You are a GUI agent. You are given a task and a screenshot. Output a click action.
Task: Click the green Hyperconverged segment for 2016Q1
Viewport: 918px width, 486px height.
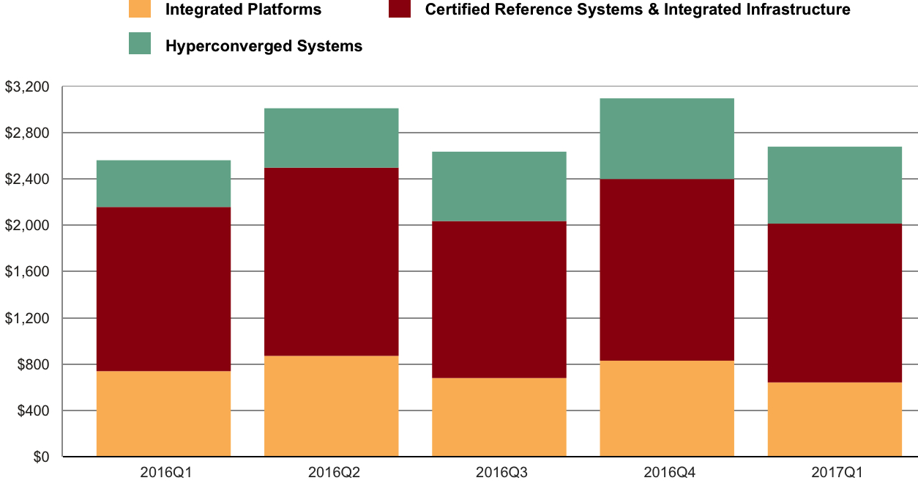point(163,183)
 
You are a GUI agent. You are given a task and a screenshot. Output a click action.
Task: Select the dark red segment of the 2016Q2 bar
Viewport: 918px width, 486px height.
point(331,262)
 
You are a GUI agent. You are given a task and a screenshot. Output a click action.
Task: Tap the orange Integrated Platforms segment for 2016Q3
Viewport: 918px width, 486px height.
point(499,417)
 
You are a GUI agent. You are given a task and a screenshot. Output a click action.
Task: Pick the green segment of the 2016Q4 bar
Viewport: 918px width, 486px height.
point(666,139)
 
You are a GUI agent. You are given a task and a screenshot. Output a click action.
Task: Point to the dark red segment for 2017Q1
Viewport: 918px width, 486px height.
point(834,303)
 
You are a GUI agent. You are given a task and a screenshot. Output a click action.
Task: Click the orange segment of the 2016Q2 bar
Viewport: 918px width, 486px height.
point(331,406)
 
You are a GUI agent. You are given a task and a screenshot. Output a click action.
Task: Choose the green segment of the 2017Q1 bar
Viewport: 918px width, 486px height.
point(834,185)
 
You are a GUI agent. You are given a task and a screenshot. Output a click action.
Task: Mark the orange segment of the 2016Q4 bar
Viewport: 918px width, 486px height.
point(666,408)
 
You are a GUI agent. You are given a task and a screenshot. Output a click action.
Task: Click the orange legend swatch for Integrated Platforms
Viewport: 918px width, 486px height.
point(139,9)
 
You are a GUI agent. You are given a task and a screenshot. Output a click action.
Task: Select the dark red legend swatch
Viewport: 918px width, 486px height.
point(398,9)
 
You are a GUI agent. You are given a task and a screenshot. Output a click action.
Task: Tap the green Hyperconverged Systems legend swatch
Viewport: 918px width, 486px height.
point(139,44)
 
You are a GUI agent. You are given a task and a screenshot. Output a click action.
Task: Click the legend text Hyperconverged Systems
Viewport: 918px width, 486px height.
point(264,46)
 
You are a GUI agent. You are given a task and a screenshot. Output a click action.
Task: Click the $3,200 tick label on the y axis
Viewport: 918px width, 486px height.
point(27,87)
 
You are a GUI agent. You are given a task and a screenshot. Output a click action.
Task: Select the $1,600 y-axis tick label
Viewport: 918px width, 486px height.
point(27,272)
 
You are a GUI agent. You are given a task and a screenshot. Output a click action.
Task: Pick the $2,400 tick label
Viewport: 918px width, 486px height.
point(27,180)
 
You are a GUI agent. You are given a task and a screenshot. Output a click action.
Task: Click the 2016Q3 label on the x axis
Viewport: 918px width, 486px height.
point(499,473)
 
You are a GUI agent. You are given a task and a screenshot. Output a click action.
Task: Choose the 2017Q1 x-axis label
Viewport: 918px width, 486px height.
point(834,473)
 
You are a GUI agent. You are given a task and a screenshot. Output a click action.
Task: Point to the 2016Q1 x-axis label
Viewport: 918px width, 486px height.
point(163,473)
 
